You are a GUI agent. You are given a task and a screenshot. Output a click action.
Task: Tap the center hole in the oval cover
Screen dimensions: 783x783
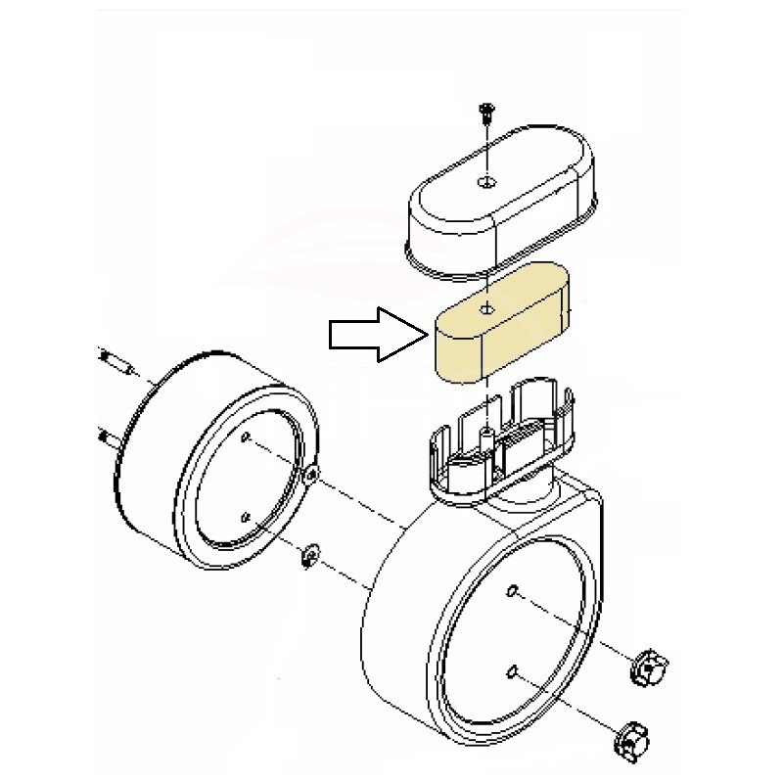pyautogui.click(x=487, y=182)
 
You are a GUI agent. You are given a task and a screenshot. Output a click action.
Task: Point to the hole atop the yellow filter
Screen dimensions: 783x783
pyautogui.click(x=486, y=309)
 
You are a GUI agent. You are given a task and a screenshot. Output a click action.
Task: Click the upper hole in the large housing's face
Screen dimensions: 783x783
pyautogui.click(x=512, y=591)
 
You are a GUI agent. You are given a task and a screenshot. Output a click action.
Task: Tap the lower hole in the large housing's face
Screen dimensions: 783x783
pyautogui.click(x=512, y=670)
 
